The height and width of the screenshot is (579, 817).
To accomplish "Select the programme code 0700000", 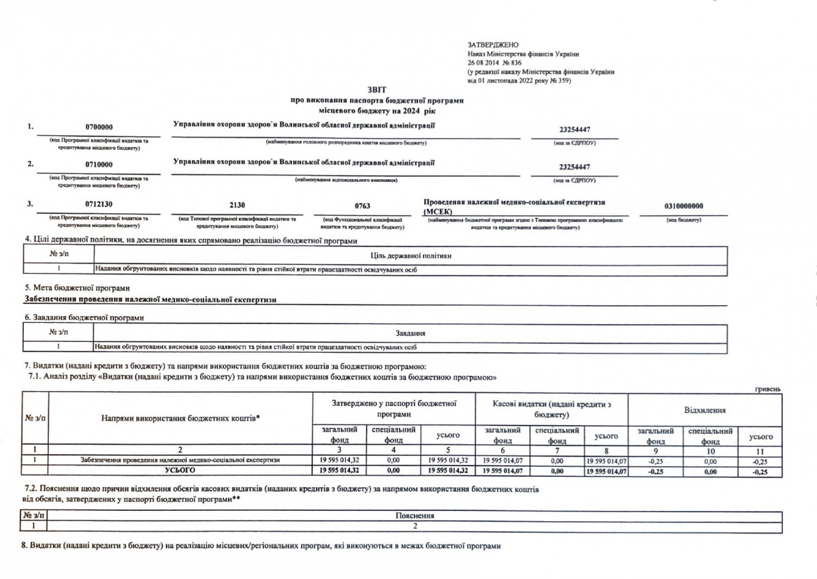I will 99,127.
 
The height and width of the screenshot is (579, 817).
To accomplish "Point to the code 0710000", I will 99,165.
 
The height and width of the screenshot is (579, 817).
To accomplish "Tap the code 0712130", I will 99,206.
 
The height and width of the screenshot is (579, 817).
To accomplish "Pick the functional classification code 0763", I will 363,206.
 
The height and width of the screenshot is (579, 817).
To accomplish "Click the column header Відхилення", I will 704,411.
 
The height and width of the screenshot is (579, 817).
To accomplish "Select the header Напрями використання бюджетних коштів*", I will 180,417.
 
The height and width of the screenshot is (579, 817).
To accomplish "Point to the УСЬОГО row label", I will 180,470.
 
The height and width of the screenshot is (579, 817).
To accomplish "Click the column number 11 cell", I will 760,451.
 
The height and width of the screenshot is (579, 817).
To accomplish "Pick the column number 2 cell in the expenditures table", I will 180,451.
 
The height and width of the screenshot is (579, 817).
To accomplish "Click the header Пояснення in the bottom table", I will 415,516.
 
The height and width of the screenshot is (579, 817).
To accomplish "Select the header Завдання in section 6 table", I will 411,333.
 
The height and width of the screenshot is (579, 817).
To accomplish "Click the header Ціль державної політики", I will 411,255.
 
